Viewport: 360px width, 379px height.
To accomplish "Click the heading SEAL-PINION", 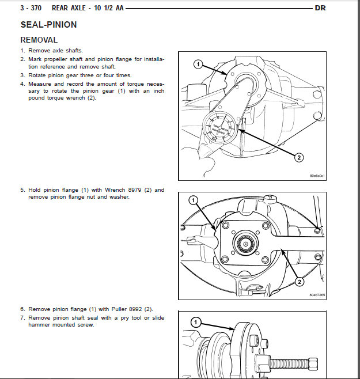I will click(48, 25).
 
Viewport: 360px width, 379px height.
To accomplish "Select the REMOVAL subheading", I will click(39, 40).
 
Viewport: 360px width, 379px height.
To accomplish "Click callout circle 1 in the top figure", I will click(198, 65).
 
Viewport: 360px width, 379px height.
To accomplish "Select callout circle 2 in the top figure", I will click(299, 157).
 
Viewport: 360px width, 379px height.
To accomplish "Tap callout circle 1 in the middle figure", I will click(194, 201).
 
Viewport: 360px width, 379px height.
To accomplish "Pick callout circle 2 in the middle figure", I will click(299, 282).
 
